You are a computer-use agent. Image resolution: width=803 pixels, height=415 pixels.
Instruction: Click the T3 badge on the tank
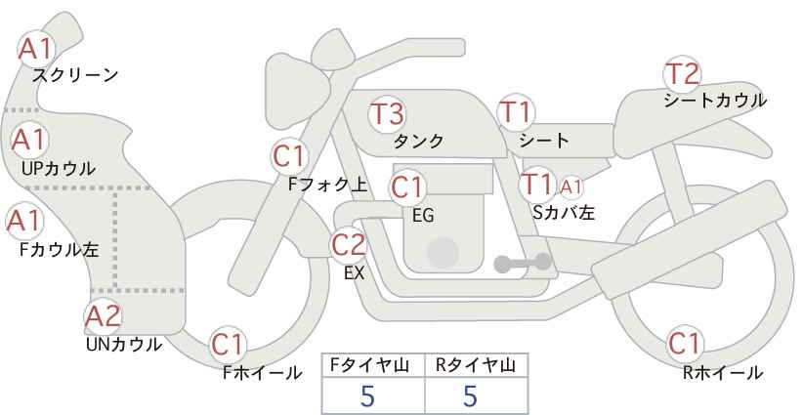(x=387, y=113)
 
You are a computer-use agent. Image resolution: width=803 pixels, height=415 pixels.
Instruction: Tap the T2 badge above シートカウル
(x=683, y=74)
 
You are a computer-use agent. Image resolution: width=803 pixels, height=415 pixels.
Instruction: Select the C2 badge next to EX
(x=349, y=245)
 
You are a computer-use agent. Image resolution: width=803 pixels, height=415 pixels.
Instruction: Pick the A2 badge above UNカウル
(x=104, y=316)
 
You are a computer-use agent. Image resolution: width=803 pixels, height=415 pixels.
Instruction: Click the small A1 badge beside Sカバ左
(x=571, y=187)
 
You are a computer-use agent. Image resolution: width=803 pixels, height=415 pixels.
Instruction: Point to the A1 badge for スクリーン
(x=35, y=49)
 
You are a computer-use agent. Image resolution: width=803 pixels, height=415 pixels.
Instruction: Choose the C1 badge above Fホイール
(x=228, y=345)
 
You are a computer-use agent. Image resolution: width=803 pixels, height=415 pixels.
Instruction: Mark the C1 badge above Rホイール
(x=684, y=344)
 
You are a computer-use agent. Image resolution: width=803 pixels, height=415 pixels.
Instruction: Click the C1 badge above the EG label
(x=407, y=187)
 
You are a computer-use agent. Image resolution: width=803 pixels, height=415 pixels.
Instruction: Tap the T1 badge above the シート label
(x=516, y=112)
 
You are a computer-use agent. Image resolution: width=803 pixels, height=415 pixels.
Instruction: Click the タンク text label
(x=418, y=142)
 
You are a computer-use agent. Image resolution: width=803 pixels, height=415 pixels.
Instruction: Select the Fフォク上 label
(x=328, y=185)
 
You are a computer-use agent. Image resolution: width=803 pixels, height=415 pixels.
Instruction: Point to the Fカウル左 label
(x=59, y=250)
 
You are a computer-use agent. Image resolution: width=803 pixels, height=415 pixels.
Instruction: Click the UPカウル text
(x=59, y=169)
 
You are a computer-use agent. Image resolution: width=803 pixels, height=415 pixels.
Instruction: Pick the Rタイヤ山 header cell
(x=477, y=365)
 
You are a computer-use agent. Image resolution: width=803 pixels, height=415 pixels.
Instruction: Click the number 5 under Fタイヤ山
(x=367, y=395)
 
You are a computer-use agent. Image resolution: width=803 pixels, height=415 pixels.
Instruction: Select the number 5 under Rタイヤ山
(x=470, y=395)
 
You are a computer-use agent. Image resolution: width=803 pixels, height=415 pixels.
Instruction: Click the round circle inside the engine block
(x=443, y=252)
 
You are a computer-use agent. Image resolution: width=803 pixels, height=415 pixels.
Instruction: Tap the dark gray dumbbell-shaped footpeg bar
(x=523, y=263)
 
